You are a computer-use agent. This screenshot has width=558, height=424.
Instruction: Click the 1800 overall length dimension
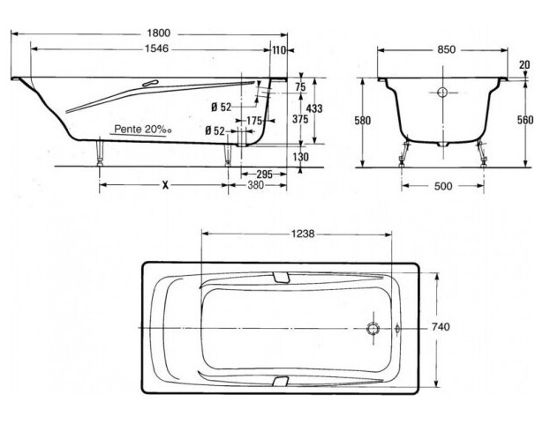(159, 33)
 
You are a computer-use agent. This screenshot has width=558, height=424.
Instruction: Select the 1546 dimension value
(157, 48)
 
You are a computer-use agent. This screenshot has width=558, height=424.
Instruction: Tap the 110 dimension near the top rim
(279, 50)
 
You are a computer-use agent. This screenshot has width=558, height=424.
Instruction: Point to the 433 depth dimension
(314, 108)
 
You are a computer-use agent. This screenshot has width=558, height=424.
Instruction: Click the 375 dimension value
(300, 119)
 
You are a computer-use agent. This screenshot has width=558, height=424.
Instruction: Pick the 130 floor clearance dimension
(300, 157)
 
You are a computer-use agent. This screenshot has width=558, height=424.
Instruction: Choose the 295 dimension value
(264, 175)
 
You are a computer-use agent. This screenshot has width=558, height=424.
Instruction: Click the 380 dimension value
(256, 185)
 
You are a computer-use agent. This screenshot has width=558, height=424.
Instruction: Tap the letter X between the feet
(165, 185)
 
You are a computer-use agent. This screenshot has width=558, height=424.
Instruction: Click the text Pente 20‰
(143, 130)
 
